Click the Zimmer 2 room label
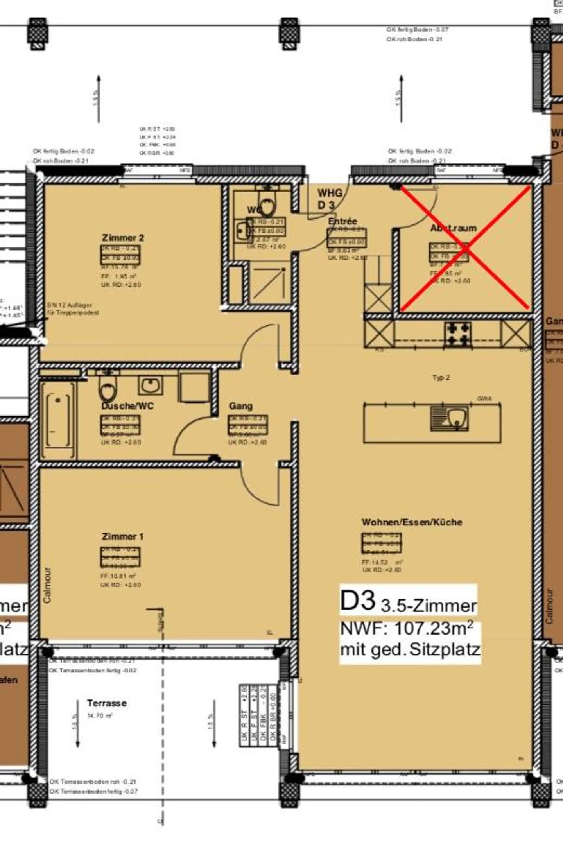point(123,238)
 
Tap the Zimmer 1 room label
point(122,536)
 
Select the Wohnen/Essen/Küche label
point(412,522)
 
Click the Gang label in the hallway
point(240,406)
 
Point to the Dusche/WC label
point(127,406)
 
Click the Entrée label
point(342,221)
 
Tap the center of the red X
point(465,248)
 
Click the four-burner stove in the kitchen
point(457,334)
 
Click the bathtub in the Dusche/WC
point(59,420)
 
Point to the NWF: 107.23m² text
point(407,629)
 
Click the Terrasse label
point(107,703)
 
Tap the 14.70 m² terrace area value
point(100,716)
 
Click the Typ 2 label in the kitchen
point(441,378)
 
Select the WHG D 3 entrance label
point(329,199)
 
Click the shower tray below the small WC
point(270,282)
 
